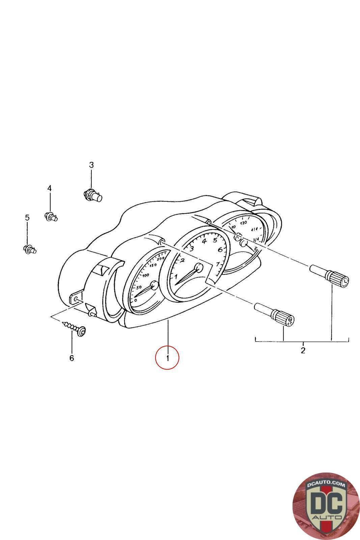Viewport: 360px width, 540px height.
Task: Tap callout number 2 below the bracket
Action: (303, 350)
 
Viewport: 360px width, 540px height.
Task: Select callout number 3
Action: (91, 165)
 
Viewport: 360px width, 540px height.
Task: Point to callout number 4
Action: (50, 188)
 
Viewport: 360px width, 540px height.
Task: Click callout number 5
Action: (27, 218)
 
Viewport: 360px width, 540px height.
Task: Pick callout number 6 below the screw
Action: (72, 358)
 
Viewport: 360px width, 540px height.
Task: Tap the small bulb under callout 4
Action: (51, 216)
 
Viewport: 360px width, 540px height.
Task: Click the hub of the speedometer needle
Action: (154, 286)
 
